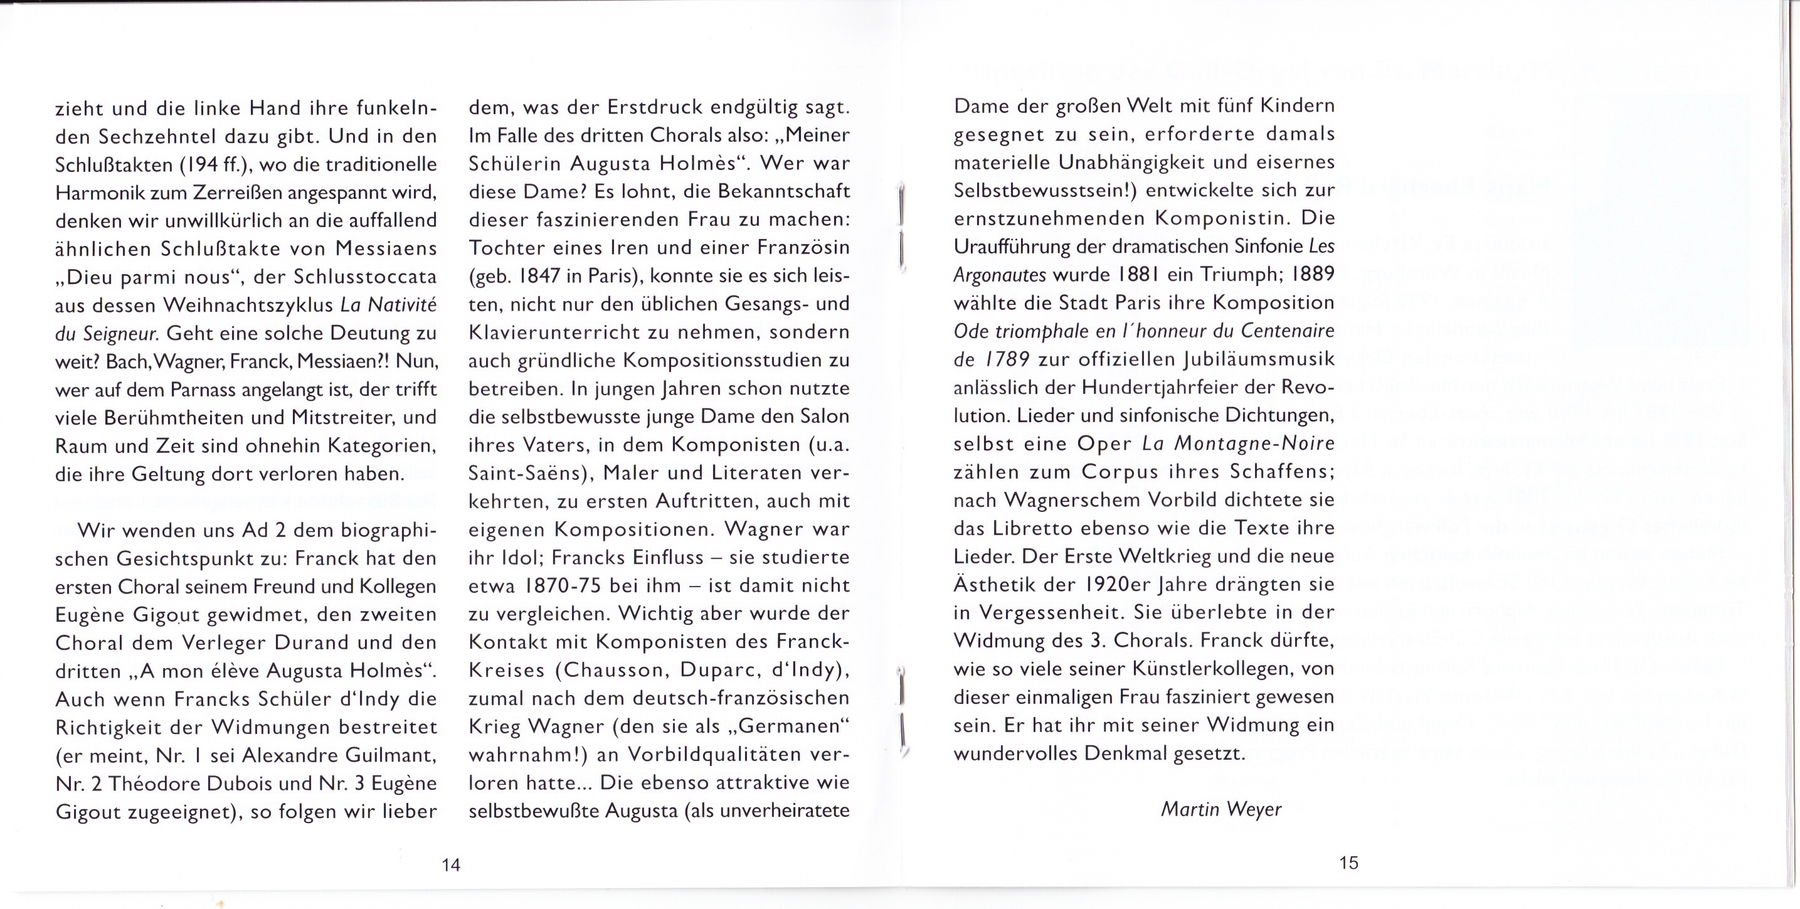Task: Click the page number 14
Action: tap(451, 865)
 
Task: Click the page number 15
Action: tap(1348, 863)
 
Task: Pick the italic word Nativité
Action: tap(401, 305)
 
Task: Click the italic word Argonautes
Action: tap(999, 275)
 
